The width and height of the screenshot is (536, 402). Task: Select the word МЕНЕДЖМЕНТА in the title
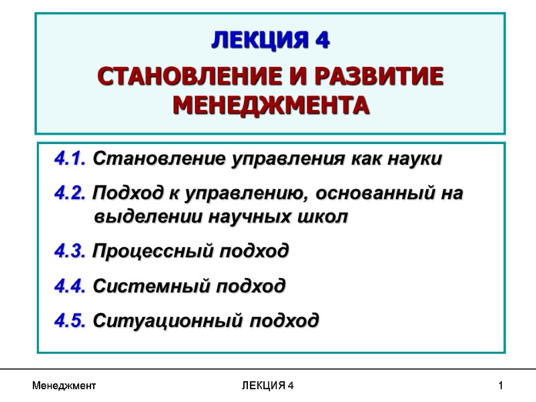click(271, 105)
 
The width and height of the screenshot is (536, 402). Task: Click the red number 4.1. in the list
click(70, 159)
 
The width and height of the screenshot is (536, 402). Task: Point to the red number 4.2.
click(70, 194)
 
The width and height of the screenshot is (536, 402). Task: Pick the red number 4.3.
click(70, 252)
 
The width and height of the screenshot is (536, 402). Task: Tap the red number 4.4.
click(70, 286)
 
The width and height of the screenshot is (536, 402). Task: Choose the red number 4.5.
click(70, 320)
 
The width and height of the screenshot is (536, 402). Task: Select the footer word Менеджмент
click(64, 386)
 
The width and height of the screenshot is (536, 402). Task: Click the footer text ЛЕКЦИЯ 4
click(267, 386)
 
